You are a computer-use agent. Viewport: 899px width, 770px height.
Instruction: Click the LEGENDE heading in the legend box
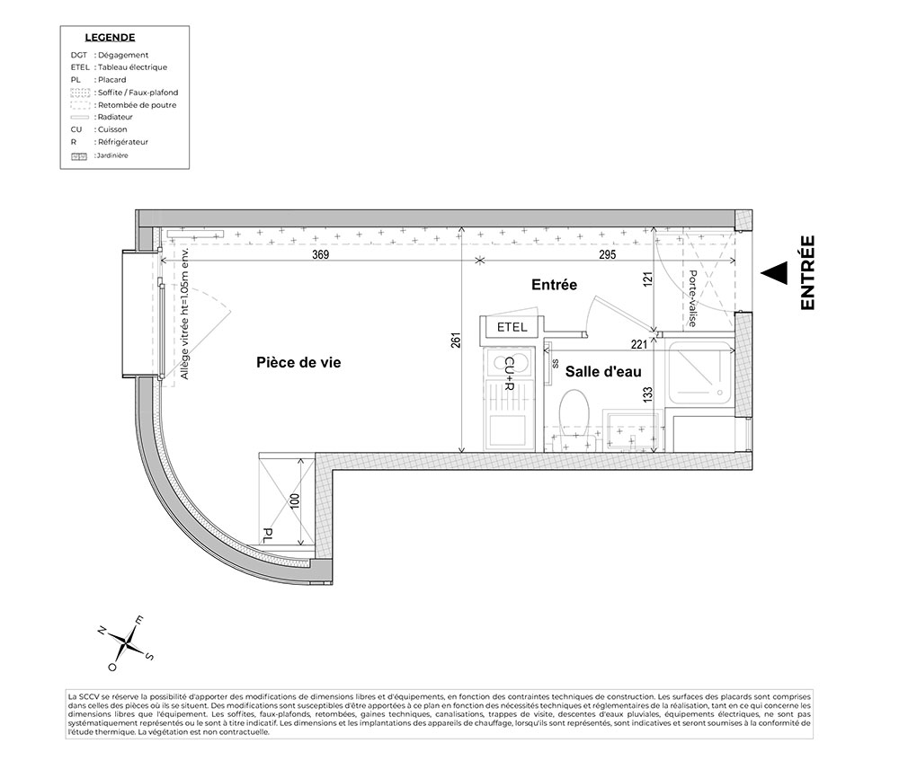(x=110, y=38)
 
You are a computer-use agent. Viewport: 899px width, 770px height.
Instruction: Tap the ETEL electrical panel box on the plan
(x=512, y=327)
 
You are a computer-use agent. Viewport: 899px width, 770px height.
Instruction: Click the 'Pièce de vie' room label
(x=298, y=363)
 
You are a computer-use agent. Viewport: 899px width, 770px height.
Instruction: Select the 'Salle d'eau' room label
(x=603, y=372)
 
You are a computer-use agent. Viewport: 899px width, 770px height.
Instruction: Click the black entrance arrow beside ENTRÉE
(x=773, y=273)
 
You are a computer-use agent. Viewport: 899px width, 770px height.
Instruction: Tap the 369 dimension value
(x=321, y=253)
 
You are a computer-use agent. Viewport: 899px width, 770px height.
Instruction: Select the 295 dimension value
(x=607, y=253)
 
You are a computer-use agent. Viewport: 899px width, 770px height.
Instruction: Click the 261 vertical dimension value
(x=456, y=340)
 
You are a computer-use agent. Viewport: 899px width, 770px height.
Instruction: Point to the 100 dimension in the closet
(x=295, y=500)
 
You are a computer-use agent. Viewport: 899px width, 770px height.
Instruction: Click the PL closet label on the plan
(x=267, y=535)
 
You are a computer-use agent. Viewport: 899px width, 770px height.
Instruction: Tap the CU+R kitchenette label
(x=509, y=374)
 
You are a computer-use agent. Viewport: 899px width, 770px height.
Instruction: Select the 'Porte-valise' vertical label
(x=692, y=298)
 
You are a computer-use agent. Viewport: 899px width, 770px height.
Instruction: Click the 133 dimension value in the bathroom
(x=648, y=394)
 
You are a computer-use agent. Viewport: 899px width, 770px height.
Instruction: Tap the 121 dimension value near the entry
(x=648, y=279)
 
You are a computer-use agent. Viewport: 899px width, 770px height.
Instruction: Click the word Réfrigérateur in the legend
(x=123, y=142)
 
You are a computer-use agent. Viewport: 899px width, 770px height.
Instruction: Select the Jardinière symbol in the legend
(x=79, y=156)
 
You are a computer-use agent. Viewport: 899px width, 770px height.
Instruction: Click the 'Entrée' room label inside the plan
(x=554, y=285)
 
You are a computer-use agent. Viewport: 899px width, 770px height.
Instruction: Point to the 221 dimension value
(x=638, y=344)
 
